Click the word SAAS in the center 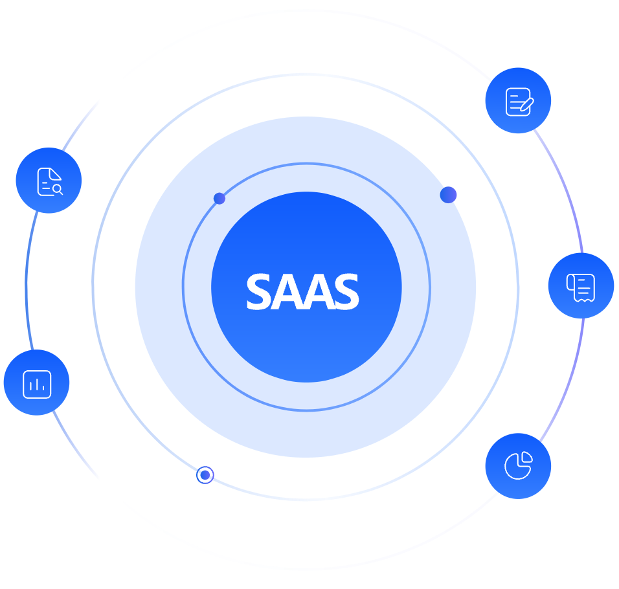302,292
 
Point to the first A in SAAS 285,293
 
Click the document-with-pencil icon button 518,101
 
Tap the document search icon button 49,181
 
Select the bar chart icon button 36,383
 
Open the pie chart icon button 518,465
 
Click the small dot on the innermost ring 219,198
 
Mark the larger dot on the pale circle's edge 448,195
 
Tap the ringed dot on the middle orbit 205,475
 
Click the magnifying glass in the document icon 58,189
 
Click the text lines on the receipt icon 583,285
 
